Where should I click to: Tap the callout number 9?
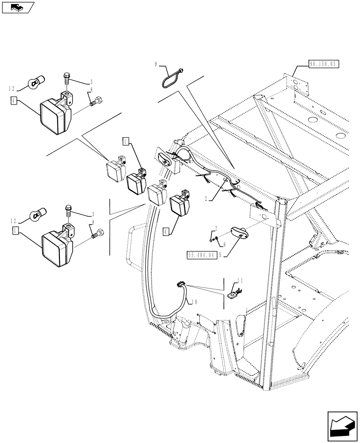click(x=156, y=64)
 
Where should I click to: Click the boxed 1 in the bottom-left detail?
click(x=15, y=230)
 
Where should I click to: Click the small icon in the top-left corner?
click(x=17, y=8)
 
